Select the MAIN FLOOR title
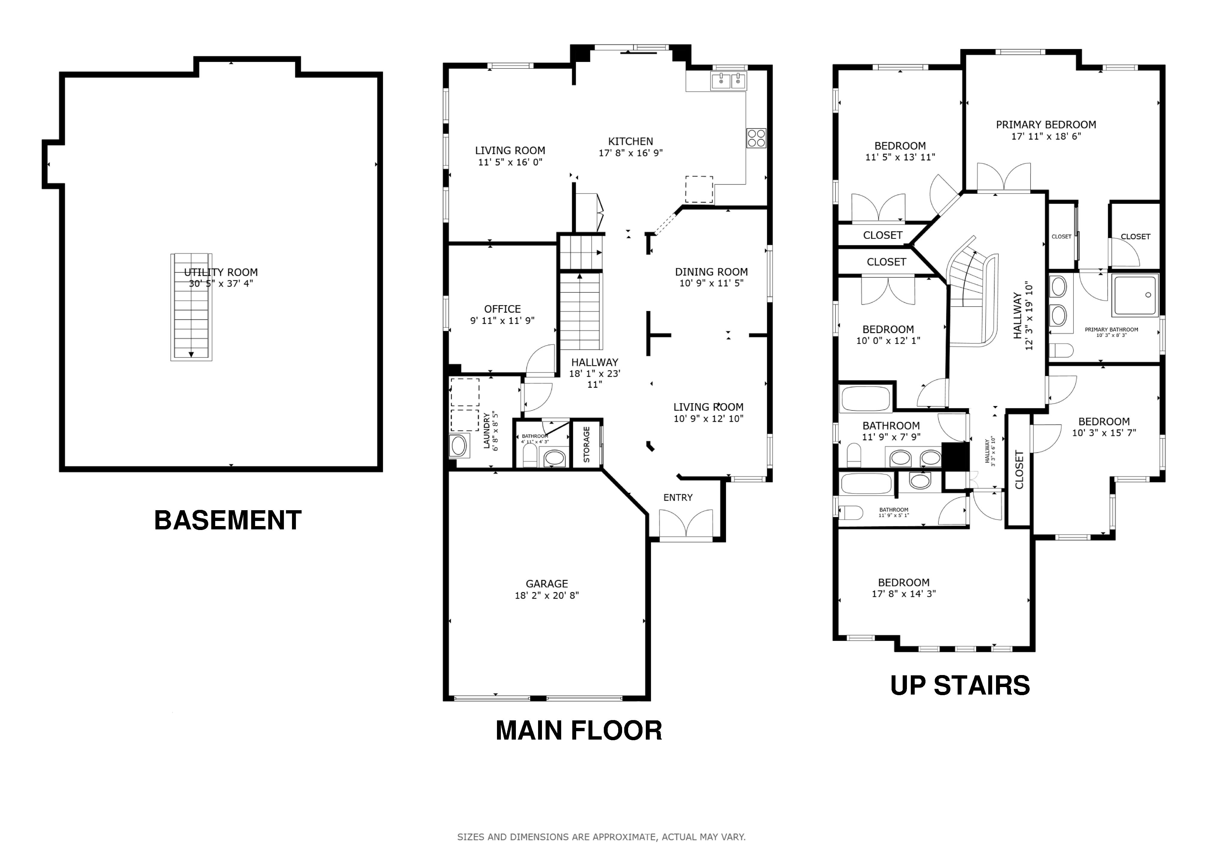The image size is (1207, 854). click(579, 730)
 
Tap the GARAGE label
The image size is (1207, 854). click(547, 584)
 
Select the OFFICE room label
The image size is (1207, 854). click(503, 309)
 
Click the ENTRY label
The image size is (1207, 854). click(678, 498)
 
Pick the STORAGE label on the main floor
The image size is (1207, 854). click(587, 444)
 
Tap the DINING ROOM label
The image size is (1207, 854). click(711, 272)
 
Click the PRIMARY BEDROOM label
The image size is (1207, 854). click(1046, 125)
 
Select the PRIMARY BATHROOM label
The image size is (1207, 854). click(1111, 330)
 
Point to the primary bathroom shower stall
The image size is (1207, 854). click(1136, 295)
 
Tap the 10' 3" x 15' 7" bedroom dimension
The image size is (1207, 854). click(1104, 433)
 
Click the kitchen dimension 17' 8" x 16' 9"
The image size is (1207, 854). click(631, 153)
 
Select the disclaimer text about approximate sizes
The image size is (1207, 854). click(601, 837)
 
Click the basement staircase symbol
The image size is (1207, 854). click(191, 307)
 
